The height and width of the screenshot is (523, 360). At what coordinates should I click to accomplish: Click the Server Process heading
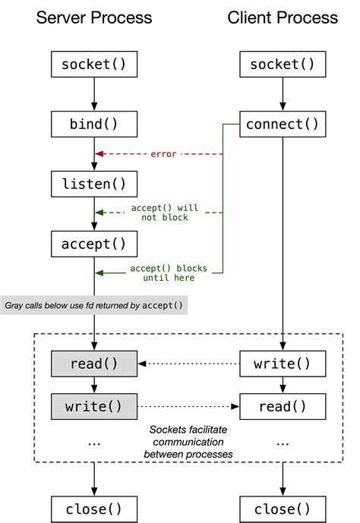coord(94,17)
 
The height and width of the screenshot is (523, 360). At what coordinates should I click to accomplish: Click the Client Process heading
coord(283,17)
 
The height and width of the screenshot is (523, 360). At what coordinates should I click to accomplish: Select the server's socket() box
coord(94,64)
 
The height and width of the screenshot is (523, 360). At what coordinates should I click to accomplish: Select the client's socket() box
coord(283,64)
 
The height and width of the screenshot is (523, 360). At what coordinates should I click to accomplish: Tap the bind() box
coord(94,123)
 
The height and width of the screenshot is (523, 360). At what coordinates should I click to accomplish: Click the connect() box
coord(283,123)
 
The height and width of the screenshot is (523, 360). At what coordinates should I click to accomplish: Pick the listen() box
coord(94,183)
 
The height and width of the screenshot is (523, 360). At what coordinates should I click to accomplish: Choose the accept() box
coord(94,243)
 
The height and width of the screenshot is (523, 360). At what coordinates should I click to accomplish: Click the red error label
coord(163,154)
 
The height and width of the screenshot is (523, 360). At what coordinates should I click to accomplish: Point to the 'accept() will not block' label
coord(164,213)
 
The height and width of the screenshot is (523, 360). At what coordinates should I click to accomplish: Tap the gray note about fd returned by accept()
coord(94,304)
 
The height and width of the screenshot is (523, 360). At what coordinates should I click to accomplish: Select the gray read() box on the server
coord(94,364)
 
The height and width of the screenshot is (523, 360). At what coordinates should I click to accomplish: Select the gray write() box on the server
coord(94,405)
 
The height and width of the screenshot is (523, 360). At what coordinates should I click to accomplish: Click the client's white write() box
coord(283,364)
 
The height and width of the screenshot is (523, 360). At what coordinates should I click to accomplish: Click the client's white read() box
coord(283,405)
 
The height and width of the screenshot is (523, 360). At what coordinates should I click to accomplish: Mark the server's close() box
coord(94,508)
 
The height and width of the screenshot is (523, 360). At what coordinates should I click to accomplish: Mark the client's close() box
coord(283,508)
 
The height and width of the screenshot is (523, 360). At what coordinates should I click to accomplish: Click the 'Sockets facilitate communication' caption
coord(188,442)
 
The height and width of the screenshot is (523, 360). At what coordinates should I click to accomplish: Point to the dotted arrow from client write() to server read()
coord(190,364)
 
